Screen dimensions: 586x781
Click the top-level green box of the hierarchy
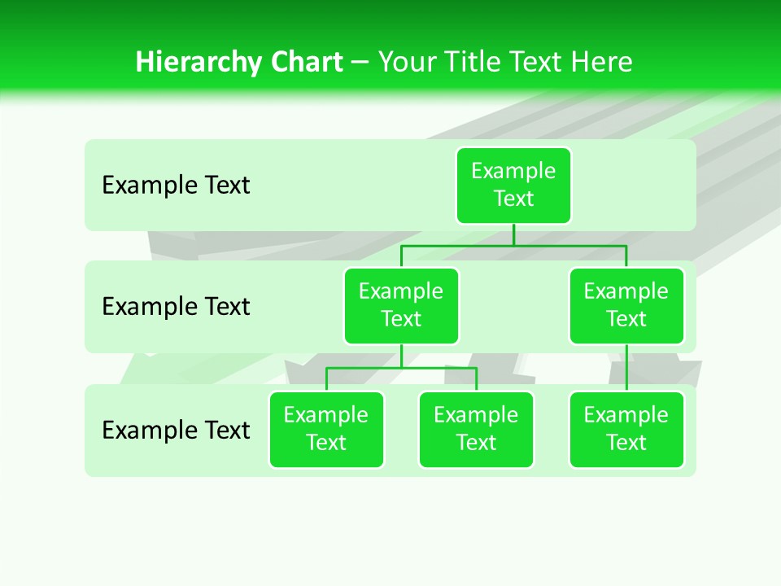pyautogui.click(x=513, y=186)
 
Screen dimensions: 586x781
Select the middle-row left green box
pyautogui.click(x=401, y=306)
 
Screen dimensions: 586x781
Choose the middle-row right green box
pyautogui.click(x=626, y=306)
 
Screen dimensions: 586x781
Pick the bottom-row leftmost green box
pyautogui.click(x=326, y=430)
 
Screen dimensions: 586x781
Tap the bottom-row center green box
pyautogui.click(x=476, y=430)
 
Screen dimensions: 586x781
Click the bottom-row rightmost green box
pyautogui.click(x=626, y=430)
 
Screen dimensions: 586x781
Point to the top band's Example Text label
pyautogui.click(x=176, y=186)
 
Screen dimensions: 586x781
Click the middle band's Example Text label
pyautogui.click(x=176, y=307)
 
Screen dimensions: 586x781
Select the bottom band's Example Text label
pyautogui.click(x=176, y=430)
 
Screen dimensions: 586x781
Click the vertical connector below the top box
pyautogui.click(x=513, y=234)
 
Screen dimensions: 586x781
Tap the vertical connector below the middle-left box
pyautogui.click(x=401, y=356)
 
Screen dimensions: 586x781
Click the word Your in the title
pyautogui.click(x=404, y=62)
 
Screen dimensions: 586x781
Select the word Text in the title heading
pyautogui.click(x=532, y=62)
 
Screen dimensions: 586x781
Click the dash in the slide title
pyautogui.click(x=360, y=63)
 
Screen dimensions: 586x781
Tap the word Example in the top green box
pyautogui.click(x=513, y=171)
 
